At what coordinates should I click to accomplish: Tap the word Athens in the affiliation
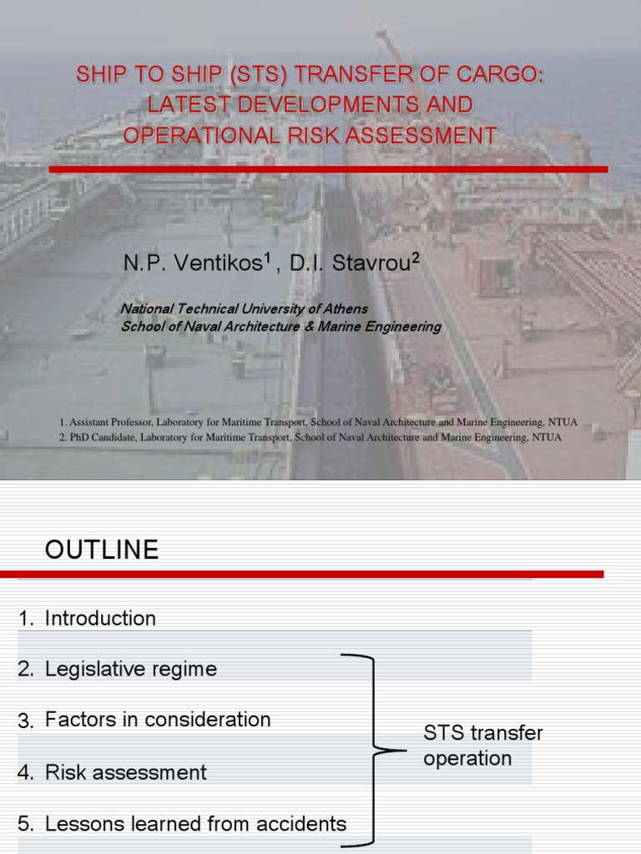coord(342,309)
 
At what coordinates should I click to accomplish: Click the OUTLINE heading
coord(101,550)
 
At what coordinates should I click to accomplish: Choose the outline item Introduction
coord(100,619)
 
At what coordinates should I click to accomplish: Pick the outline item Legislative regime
coord(130,669)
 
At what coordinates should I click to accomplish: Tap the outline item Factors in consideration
coord(158,720)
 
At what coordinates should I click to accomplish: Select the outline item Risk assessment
coord(125,772)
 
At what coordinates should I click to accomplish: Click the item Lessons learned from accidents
coord(195,824)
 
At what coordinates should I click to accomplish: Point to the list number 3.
coord(25,721)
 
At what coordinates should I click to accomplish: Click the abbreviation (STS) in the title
coord(249,75)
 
